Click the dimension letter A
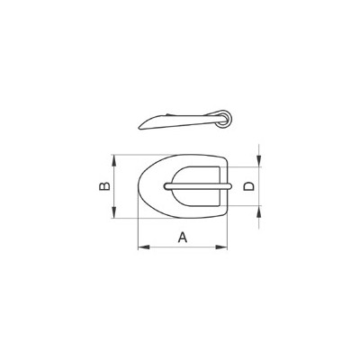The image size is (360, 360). point(182,237)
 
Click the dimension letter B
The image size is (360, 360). point(103,186)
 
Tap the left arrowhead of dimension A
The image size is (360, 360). point(140,247)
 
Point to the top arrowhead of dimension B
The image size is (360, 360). point(115,157)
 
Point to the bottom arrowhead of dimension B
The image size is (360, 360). point(115,215)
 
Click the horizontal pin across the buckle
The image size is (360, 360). point(198,185)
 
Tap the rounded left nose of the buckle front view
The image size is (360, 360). point(138,187)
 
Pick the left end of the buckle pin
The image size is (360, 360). point(165,185)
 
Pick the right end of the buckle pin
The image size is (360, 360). point(233,185)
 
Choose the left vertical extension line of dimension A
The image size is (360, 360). point(137,229)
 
